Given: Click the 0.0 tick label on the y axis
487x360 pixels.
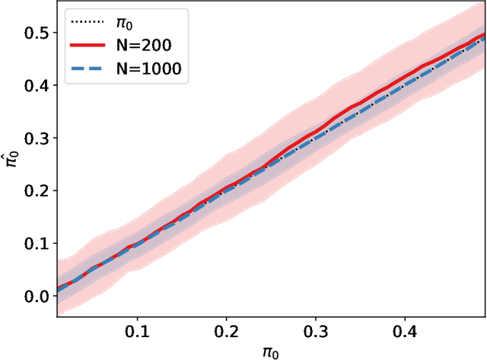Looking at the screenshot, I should coord(35,296).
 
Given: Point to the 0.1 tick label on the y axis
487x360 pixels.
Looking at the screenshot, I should coord(35,244).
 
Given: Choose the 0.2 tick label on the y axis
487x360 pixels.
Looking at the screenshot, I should coord(35,191).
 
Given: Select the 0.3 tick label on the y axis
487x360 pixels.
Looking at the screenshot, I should coord(35,139).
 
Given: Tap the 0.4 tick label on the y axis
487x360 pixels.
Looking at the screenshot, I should coord(35,86).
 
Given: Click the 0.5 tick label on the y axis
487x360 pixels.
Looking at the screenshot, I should coord(35,33).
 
